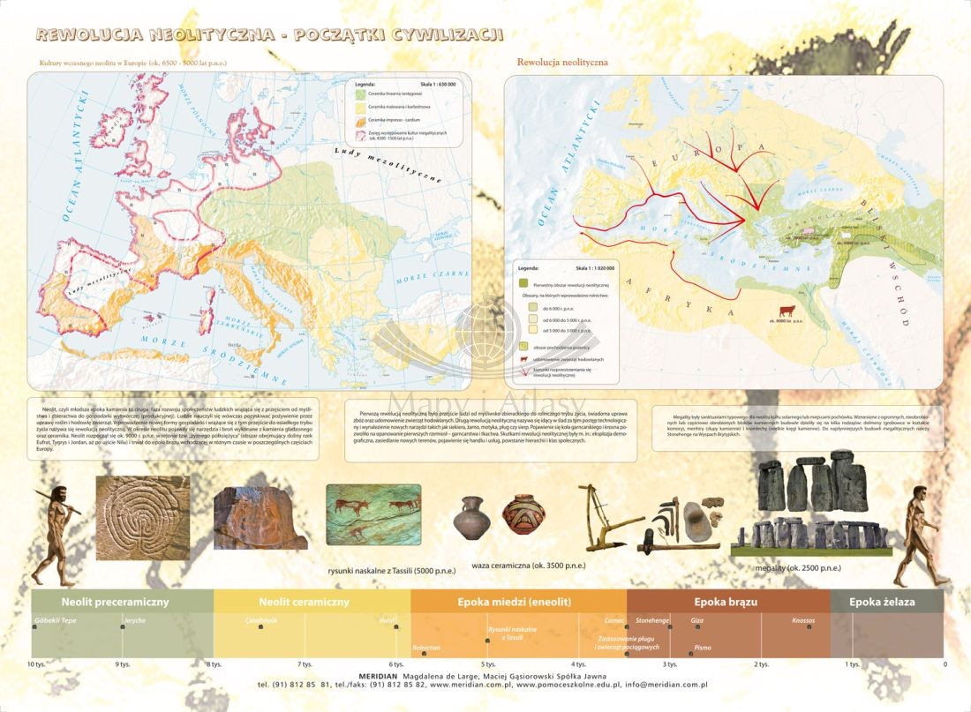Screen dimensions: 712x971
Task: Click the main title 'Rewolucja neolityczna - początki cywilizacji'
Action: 270,34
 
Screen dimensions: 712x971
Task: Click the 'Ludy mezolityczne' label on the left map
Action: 388,163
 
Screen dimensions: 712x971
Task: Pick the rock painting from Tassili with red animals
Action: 373,512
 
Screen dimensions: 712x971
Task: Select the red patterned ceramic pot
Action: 523,515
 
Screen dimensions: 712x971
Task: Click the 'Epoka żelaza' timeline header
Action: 882,602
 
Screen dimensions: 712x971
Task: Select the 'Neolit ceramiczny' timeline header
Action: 304,602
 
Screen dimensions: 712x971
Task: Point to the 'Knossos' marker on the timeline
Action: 803,620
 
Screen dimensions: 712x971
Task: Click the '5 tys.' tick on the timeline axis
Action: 488,663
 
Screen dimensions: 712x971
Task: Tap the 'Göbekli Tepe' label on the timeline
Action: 54,620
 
